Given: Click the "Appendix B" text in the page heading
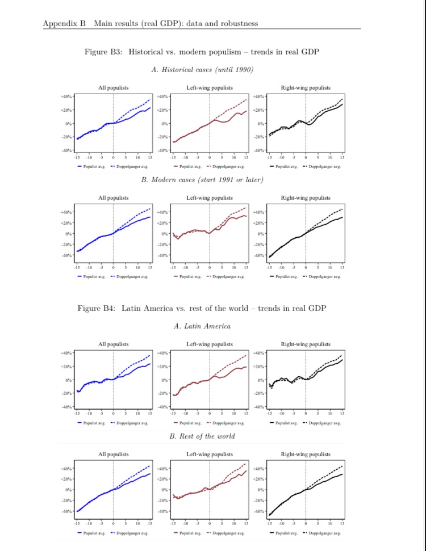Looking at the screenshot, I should pos(64,23).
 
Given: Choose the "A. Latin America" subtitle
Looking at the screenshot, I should pos(202,326).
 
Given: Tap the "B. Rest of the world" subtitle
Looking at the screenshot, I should pos(202,436).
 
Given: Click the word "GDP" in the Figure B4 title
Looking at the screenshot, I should pos(316,308).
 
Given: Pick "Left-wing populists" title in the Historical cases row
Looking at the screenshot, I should pos(210,88).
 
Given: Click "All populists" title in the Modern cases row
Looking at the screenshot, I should pos(114,198).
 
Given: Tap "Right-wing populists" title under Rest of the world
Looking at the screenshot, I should pos(306,455).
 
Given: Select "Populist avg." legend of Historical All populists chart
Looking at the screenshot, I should pos(93,167).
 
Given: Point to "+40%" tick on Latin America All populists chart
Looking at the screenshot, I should pos(66,353).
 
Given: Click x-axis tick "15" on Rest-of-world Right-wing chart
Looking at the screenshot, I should pos(342,523).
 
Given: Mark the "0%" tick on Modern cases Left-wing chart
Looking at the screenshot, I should pos(164,234).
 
